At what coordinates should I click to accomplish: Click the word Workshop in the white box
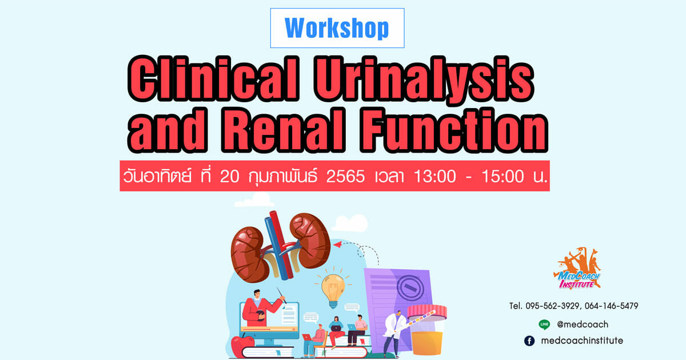coord(337,28)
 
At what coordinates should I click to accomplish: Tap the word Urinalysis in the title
coord(424,80)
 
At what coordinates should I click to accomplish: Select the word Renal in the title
coord(284,130)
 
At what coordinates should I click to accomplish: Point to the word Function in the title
coord(453,130)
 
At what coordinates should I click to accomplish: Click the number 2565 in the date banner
coord(345,177)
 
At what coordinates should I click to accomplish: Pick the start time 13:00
coord(435,177)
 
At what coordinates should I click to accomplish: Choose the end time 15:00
coord(502,177)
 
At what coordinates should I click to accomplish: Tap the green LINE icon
coord(544,325)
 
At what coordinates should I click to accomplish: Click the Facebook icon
coord(529,341)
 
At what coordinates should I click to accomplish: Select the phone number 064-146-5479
coord(611,306)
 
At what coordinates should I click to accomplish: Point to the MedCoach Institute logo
coord(577,269)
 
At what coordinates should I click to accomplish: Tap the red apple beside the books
coord(242,346)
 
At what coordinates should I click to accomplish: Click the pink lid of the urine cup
coord(427,312)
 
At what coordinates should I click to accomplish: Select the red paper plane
coord(338,245)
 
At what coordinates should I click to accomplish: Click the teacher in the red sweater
coord(260,308)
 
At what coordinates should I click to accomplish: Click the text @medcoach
coord(582,325)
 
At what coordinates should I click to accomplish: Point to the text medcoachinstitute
coord(582,341)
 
